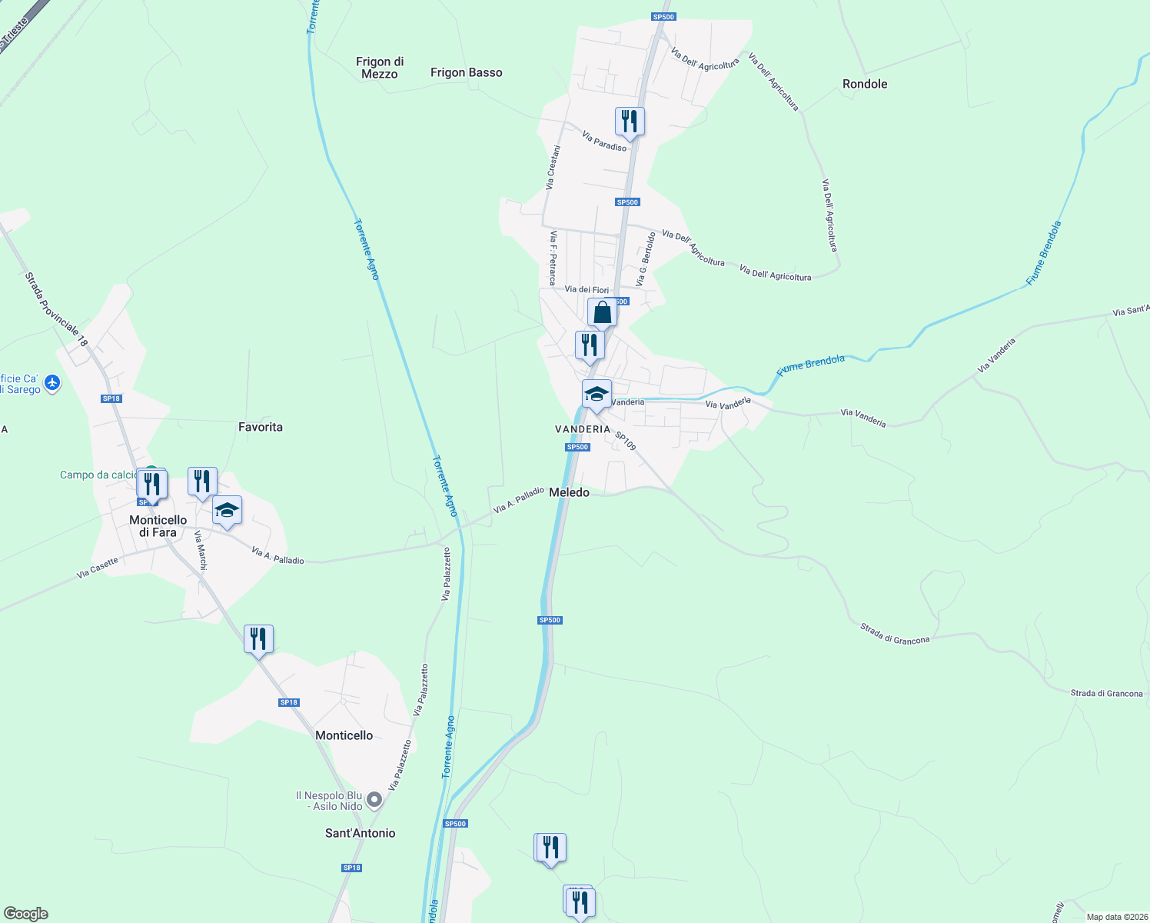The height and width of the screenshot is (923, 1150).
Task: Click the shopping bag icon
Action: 602,313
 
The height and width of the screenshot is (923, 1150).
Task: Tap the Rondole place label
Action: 865,84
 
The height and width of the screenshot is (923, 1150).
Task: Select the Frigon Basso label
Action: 466,72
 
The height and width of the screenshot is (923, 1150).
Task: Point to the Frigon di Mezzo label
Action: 380,68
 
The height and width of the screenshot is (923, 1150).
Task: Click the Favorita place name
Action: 261,427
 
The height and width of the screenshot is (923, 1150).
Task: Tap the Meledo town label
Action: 569,492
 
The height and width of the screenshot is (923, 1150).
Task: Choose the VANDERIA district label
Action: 583,429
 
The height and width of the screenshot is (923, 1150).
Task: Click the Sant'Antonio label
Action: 360,833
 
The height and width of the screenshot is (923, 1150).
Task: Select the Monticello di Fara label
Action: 158,526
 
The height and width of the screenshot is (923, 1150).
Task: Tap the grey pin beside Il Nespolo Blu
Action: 374,801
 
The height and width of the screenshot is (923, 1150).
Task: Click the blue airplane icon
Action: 52,383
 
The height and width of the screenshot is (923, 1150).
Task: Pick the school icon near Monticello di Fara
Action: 227,511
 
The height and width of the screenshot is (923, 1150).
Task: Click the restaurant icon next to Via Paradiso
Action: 630,122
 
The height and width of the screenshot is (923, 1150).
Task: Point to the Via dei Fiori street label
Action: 587,290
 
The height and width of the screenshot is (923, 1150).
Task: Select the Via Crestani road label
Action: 553,168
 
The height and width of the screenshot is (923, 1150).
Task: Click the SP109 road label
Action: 625,441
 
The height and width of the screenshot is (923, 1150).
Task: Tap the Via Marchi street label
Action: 201,550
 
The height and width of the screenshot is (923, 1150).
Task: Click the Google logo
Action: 26,914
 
